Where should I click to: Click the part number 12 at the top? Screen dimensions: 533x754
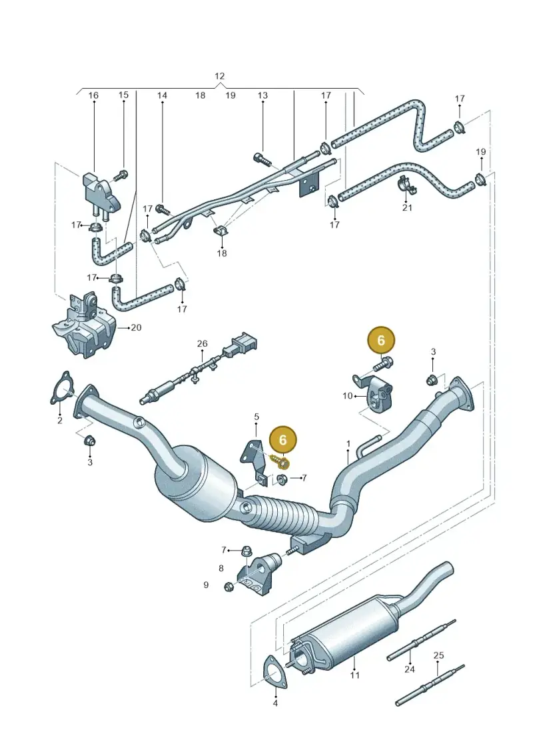tap(219, 76)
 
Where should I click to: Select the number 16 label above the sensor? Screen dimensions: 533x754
tap(93, 95)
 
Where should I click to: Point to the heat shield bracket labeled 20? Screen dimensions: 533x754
tap(84, 325)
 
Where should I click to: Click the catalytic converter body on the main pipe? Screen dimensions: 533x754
tap(197, 485)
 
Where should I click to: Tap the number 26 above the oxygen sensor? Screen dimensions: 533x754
tap(203, 343)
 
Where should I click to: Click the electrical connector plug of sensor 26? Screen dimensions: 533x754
tap(243, 343)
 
